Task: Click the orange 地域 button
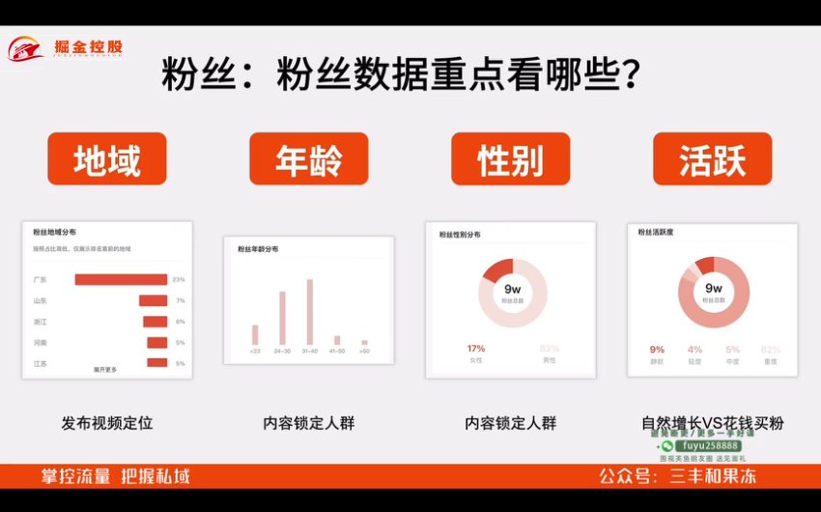[x=106, y=158]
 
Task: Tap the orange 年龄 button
[x=308, y=158]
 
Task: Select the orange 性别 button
[x=510, y=158]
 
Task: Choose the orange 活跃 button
[x=712, y=158]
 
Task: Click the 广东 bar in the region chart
[x=121, y=280]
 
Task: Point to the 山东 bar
[x=153, y=300]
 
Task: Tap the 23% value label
[x=179, y=280]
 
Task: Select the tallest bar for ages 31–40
[x=310, y=311]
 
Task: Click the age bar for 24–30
[x=282, y=317]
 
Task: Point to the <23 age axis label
[x=255, y=351]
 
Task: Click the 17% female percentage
[x=476, y=349]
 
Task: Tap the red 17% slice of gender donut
[x=498, y=270]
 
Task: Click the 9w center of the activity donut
[x=714, y=289]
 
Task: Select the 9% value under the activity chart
[x=658, y=350]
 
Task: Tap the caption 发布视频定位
[x=107, y=423]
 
